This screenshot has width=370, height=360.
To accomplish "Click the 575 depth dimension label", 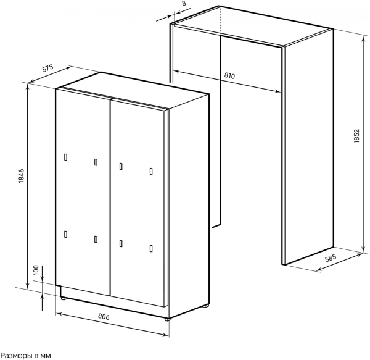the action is point(48,68).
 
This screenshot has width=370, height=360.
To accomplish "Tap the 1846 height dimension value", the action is point(21,176).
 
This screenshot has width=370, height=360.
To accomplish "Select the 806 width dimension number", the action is point(104,317).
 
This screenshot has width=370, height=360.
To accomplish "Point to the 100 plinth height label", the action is point(36,270).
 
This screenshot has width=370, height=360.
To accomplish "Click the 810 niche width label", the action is point(229,75).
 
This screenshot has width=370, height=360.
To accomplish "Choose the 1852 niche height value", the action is point(356,136).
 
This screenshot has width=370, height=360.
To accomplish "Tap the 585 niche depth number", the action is point(331,258).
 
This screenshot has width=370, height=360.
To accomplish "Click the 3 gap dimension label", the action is point(184,3).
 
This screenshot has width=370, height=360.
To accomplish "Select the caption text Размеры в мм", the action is point(26,356).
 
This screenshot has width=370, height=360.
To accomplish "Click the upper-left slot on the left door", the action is point(65,157).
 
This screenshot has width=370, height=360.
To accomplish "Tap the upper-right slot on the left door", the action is point(96,162).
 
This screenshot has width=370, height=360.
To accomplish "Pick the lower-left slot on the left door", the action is point(65,234).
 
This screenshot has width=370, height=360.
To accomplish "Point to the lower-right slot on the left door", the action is point(96,240).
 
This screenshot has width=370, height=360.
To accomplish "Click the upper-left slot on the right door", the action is point(121,167).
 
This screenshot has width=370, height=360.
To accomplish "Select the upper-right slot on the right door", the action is point(151,172).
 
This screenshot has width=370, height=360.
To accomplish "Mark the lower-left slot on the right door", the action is point(121,243).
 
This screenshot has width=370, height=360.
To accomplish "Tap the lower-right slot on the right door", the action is point(151,249).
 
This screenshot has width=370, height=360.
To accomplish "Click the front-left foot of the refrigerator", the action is point(64,299).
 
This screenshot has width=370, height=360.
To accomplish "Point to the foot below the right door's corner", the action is point(168,319).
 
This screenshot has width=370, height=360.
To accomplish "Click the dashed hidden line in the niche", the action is point(220,21).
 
